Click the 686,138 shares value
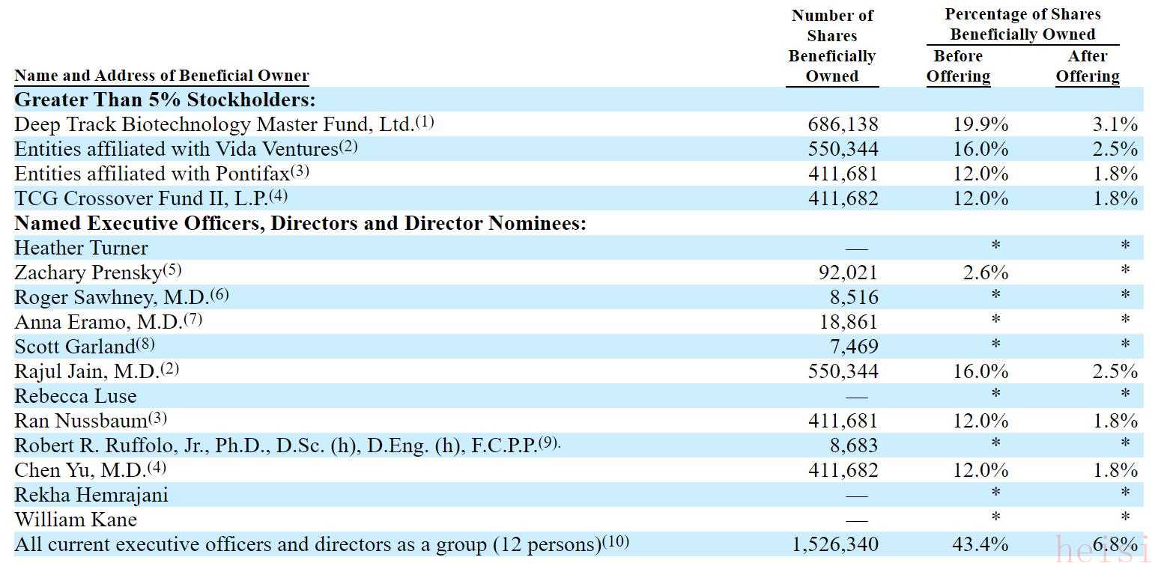[x=843, y=124]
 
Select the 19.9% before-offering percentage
[x=980, y=124]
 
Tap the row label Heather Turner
[x=81, y=248]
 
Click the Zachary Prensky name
[x=88, y=273]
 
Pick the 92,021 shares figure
[x=847, y=273]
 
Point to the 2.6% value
[x=986, y=273]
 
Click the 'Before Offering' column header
[x=958, y=66]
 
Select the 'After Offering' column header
[x=1088, y=66]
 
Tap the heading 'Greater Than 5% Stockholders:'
[x=165, y=100]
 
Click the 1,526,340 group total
[x=835, y=544]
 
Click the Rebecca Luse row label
[x=76, y=396]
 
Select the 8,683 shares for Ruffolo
[x=853, y=445]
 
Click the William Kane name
[x=76, y=520]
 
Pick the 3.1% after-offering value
[x=1115, y=124]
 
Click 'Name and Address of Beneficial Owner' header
[x=162, y=76]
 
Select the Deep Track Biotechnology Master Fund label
[x=214, y=124]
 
